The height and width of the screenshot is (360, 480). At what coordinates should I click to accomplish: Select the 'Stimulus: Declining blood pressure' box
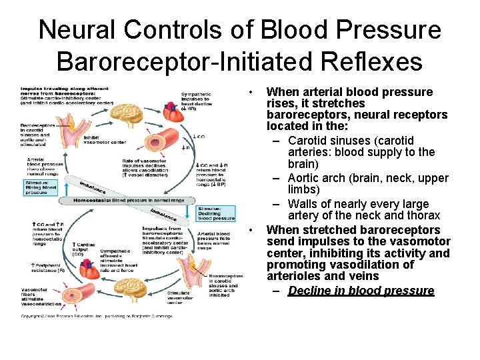(217, 213)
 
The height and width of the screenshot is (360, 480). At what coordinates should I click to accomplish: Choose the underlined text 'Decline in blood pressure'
(361, 291)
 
